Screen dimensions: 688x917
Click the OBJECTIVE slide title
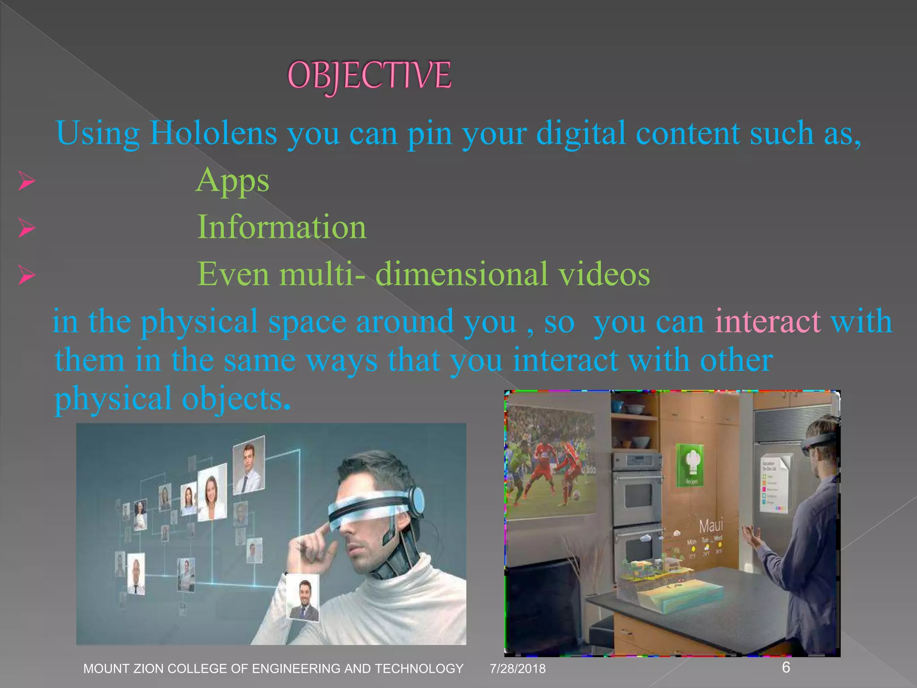click(x=369, y=75)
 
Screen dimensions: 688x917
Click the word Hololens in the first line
click(x=213, y=133)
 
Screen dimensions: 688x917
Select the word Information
click(x=282, y=227)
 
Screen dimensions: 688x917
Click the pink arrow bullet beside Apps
click(x=27, y=181)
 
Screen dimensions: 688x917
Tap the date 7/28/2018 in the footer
click(x=518, y=669)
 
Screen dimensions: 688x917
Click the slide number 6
click(x=786, y=667)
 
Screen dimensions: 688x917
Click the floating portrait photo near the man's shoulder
click(x=303, y=597)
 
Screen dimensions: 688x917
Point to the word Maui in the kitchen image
click(x=711, y=526)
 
